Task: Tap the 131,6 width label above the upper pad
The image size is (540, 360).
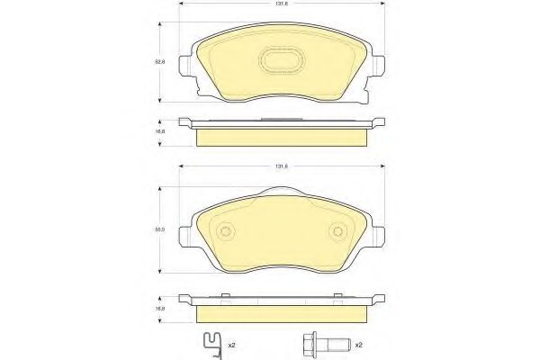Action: [281, 5]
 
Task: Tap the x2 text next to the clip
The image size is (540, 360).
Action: [232, 345]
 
